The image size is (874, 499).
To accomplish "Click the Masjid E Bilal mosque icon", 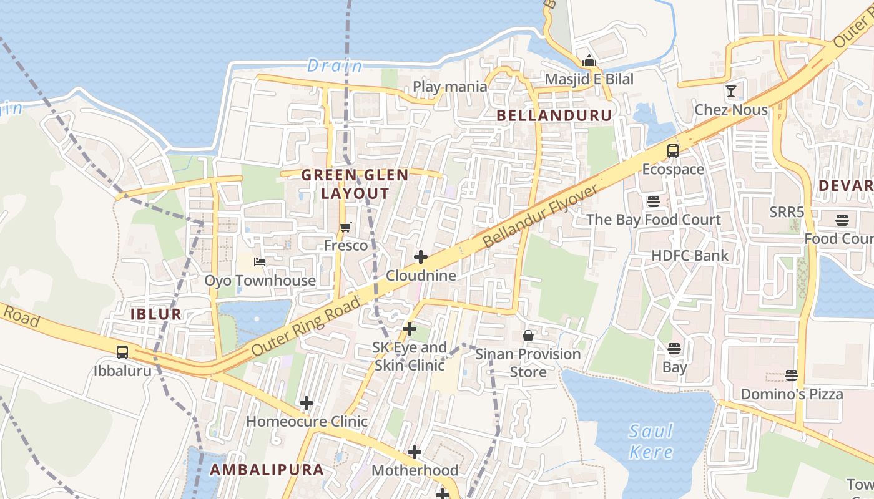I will [589, 61].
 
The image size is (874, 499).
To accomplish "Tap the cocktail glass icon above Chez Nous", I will [731, 92].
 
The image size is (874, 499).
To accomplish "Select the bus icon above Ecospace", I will [673, 151].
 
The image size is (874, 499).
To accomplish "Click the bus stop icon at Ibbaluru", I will [122, 352].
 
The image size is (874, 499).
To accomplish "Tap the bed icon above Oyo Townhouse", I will [260, 262].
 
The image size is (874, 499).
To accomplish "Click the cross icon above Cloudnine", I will [421, 257].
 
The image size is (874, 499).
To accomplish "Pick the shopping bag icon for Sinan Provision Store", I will [528, 336].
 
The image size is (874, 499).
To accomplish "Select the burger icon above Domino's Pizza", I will [792, 375].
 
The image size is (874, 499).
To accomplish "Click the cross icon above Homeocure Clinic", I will [307, 403].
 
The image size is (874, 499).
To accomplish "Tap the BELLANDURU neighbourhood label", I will [554, 115].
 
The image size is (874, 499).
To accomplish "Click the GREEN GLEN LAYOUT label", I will [355, 184].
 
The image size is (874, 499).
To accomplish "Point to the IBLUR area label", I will [156, 314].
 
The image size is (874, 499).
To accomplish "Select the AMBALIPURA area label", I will [267, 470].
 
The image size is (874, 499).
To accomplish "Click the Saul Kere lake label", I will [651, 441].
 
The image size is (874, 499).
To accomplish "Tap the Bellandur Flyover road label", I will [540, 216].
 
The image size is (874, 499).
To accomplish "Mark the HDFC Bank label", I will [690, 255].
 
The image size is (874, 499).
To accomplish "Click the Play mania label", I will [450, 87].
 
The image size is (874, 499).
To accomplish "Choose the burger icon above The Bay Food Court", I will [654, 201].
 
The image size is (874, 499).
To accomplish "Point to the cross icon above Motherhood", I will [415, 452].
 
